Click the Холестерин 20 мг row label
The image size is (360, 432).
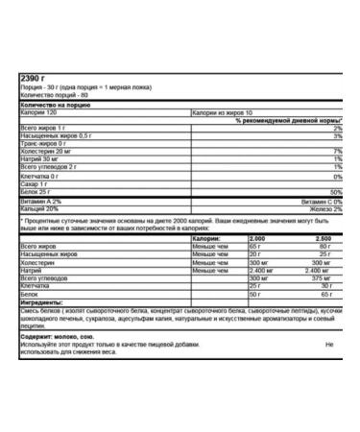pyautogui.click(x=45, y=151)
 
